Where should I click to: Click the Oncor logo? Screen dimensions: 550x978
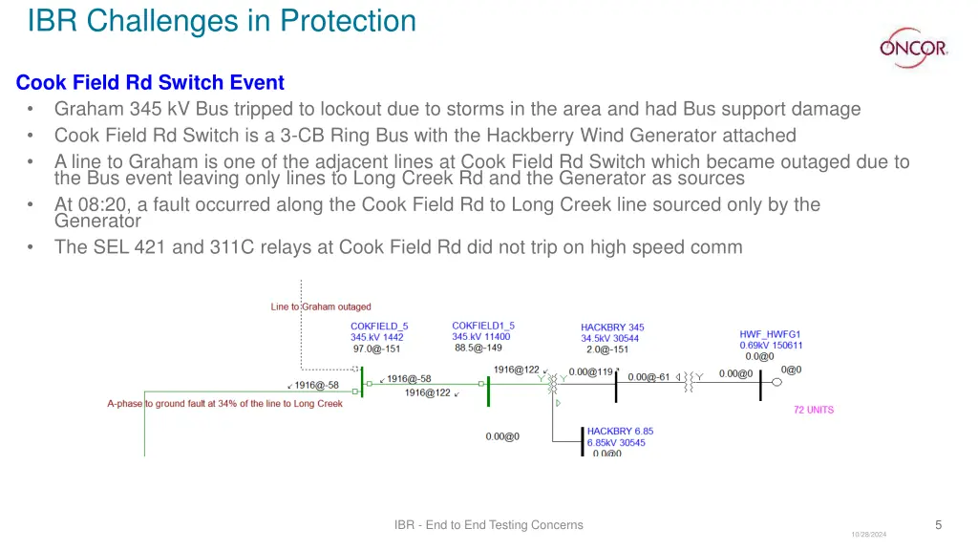coord(913,45)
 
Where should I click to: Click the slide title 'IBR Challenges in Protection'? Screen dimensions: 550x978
coord(222,20)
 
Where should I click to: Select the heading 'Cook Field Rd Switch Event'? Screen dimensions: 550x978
coord(150,83)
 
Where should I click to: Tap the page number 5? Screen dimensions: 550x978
coord(938,524)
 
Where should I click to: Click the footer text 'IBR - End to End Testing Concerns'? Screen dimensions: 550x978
coord(488,524)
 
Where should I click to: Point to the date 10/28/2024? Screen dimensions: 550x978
coord(868,535)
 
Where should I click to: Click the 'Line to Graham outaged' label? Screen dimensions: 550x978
coord(321,307)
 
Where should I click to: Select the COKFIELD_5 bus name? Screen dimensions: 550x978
coord(379,327)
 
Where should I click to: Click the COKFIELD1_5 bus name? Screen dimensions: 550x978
coord(482,326)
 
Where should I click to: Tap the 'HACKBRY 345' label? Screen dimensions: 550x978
coord(612,328)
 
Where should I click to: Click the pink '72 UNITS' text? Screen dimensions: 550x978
coord(813,410)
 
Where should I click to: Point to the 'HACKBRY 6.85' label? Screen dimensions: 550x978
coord(620,432)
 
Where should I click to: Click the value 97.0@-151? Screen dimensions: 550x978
coord(377,349)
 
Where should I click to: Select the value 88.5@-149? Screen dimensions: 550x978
coord(478,347)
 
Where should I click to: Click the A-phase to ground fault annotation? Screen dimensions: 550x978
coord(224,404)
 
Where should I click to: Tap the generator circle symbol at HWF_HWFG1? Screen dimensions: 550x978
coord(776,382)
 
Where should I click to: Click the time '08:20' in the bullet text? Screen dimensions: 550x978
coord(96,204)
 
